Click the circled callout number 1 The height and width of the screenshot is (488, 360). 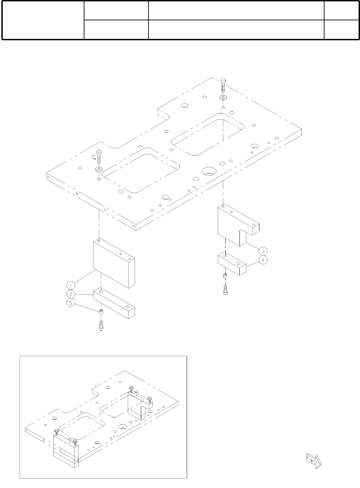pyautogui.click(x=70, y=285)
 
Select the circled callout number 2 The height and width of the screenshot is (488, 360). pyautogui.click(x=70, y=294)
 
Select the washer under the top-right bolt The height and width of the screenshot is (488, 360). pyautogui.click(x=224, y=98)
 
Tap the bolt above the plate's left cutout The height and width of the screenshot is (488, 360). pyautogui.click(x=99, y=157)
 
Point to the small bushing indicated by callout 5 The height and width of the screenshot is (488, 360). pyautogui.click(x=101, y=312)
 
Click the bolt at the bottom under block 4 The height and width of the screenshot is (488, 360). pyautogui.click(x=225, y=290)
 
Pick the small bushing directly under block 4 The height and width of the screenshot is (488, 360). pyautogui.click(x=225, y=276)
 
